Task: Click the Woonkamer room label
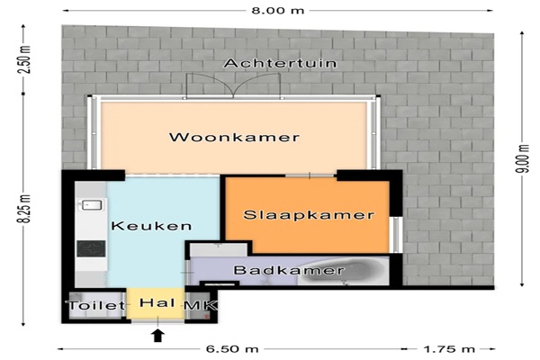click(x=234, y=137)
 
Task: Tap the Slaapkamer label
click(x=309, y=215)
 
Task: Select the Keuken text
click(x=151, y=226)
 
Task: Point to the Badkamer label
click(x=289, y=270)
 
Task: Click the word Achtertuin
click(x=280, y=63)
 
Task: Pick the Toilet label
click(x=96, y=305)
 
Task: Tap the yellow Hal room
click(x=156, y=304)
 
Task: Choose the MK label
click(x=201, y=305)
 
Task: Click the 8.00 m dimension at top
click(x=278, y=10)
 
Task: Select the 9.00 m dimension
click(x=523, y=158)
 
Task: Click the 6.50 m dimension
click(x=232, y=349)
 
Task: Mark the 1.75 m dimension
click(x=449, y=349)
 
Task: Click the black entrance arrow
click(x=157, y=335)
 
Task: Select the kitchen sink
click(x=91, y=205)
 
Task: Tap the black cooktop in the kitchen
click(x=91, y=248)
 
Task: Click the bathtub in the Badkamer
click(x=343, y=271)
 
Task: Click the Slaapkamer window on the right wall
click(x=397, y=235)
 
